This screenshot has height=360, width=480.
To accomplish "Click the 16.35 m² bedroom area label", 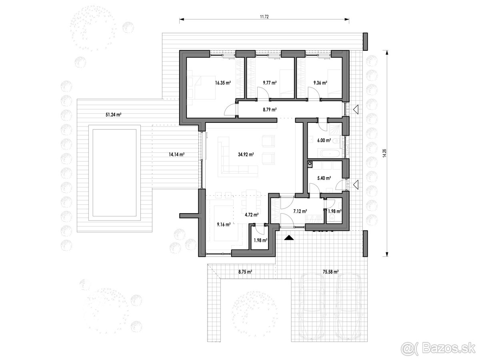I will [x=223, y=83].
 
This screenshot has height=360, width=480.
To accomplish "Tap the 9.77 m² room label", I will [x=270, y=83].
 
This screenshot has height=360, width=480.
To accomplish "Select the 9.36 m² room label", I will [x=320, y=83].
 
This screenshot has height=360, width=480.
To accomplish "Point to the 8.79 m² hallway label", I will [x=270, y=109].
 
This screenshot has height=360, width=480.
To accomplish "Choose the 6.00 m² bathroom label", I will [x=324, y=140].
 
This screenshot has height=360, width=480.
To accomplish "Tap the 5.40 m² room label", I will [x=324, y=178].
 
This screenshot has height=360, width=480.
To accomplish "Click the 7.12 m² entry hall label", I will [x=300, y=211].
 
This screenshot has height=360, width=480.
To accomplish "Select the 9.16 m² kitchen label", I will [x=223, y=225].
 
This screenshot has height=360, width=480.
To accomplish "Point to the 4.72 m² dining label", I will [x=251, y=215].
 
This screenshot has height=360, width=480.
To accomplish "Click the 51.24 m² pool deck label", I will [x=113, y=114].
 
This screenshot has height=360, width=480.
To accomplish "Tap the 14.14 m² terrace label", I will [x=176, y=154].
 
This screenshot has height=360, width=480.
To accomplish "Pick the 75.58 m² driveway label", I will [x=330, y=271].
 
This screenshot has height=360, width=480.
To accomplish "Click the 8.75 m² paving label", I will [x=245, y=272].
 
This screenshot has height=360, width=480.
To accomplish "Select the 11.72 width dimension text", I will [x=264, y=17].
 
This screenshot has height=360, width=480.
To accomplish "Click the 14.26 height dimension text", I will [x=385, y=154].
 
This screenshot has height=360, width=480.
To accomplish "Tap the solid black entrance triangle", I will [x=288, y=237].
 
